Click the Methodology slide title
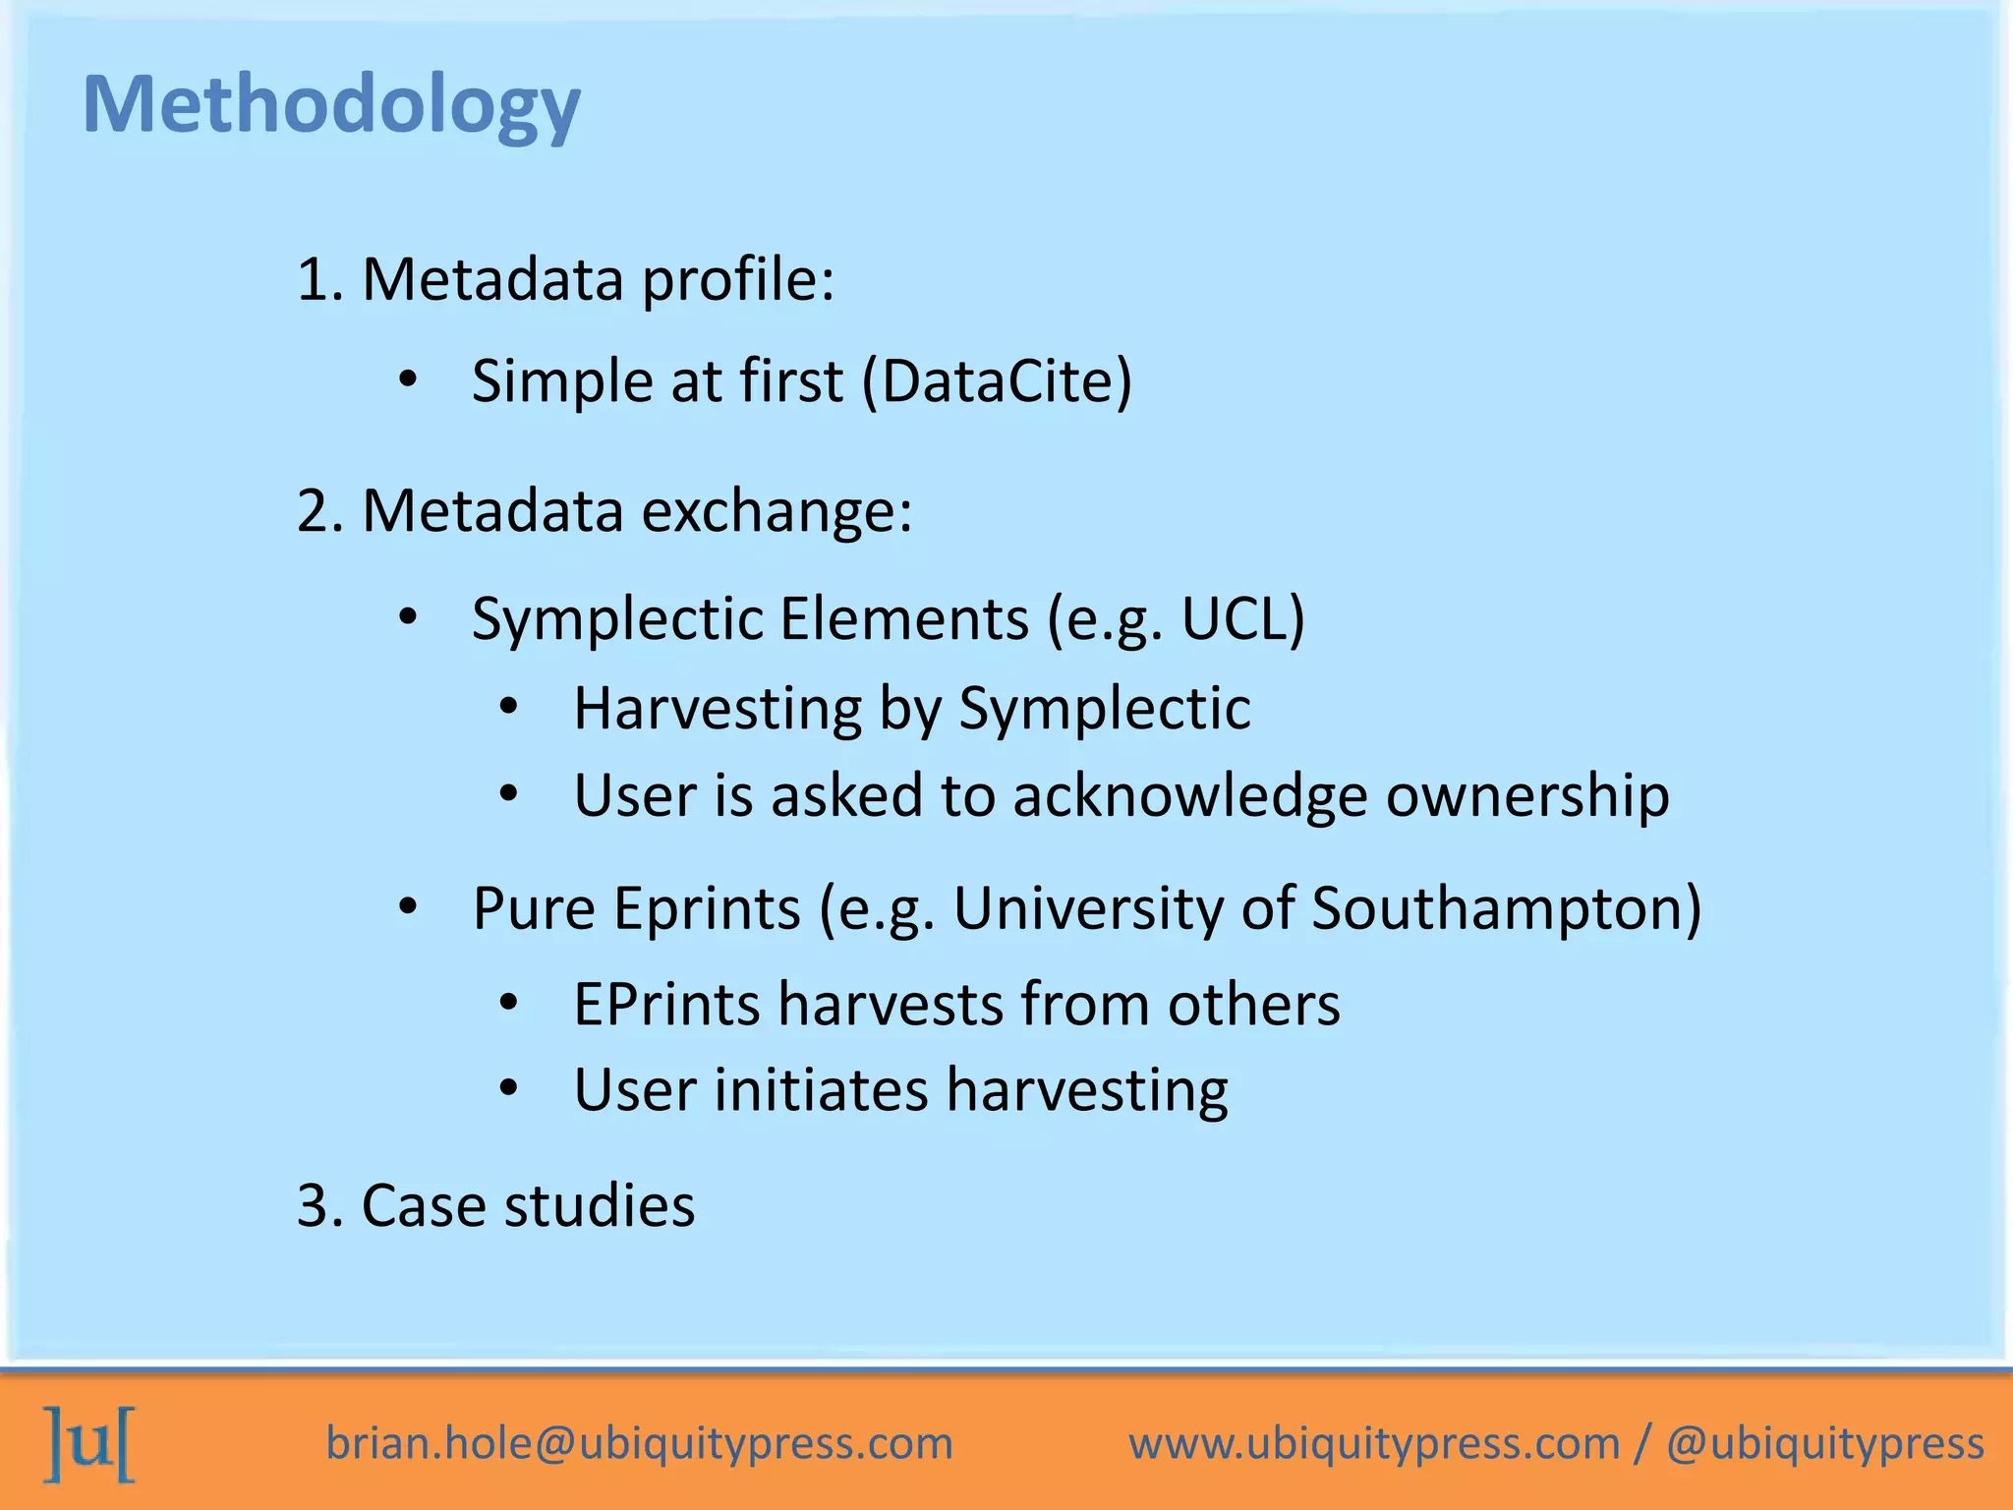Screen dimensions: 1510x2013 pos(331,106)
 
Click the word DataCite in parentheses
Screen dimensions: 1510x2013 pos(997,381)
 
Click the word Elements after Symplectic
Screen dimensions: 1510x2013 pos(903,619)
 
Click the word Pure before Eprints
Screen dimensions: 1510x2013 pos(533,908)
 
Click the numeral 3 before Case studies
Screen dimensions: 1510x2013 pos(312,1206)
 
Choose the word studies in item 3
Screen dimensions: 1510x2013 pos(599,1206)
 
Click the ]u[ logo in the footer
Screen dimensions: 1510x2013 pos(89,1443)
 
